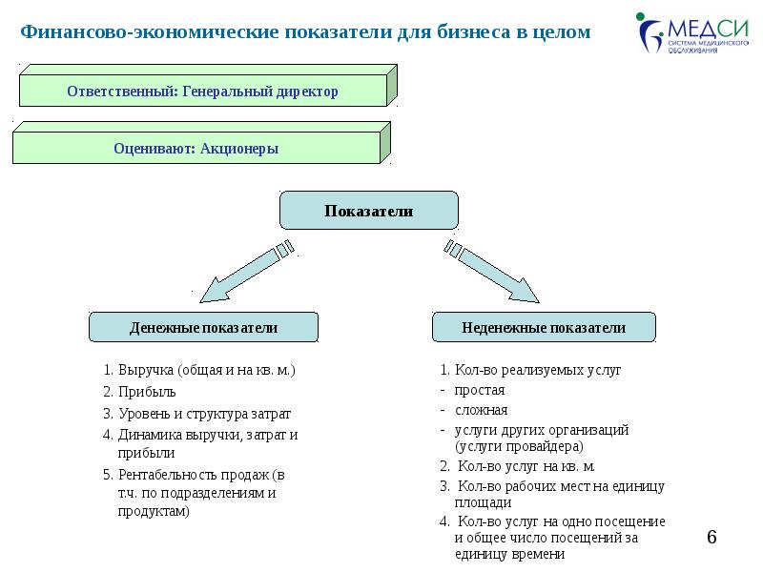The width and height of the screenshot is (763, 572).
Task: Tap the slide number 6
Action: pos(711,539)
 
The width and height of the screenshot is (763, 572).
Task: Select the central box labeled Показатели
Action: pos(368,211)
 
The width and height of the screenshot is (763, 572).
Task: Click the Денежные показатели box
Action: pos(203,328)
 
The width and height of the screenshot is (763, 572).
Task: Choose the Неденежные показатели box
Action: pos(544,328)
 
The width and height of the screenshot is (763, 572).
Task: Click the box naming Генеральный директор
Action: pos(202,92)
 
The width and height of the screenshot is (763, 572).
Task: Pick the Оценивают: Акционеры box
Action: pos(196,149)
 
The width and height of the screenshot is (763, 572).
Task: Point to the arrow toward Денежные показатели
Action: pos(244,272)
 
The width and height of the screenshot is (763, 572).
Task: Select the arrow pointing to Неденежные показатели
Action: pos(494,272)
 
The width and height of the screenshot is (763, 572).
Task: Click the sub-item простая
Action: pos(480,390)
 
